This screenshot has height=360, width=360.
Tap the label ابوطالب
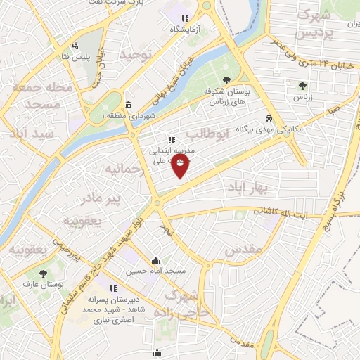tap(208, 134)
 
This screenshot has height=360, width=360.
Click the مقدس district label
tap(244, 250)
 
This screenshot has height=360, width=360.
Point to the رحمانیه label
tap(124, 170)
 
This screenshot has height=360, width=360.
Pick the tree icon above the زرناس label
tap(302, 86)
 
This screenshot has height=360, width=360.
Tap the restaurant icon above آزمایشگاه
tap(185, 19)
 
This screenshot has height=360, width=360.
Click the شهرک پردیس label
tap(311, 23)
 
